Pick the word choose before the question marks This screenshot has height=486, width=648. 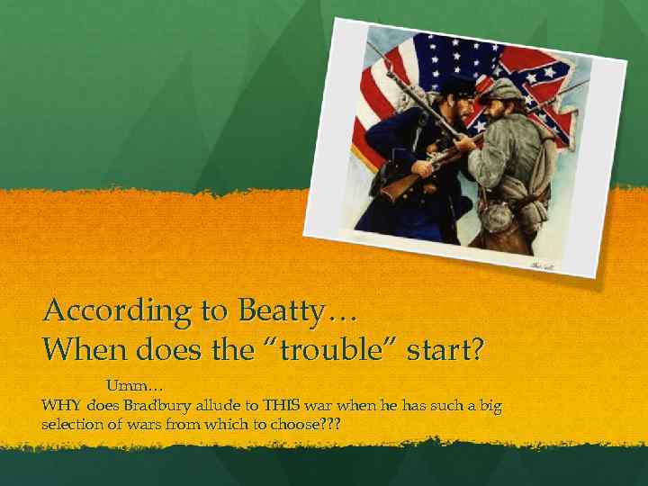[x=296, y=423]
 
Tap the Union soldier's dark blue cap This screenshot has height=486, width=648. [x=457, y=87]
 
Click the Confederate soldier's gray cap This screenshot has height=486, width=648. [x=500, y=91]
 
